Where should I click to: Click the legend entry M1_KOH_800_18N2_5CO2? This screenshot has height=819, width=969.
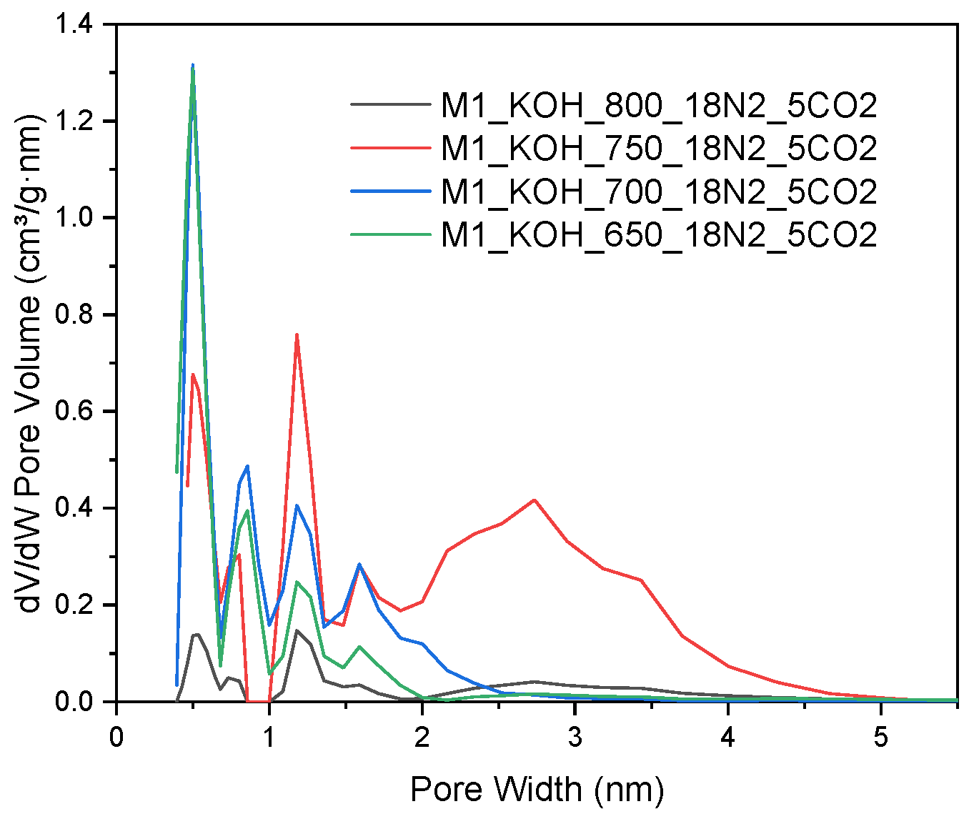[658, 106]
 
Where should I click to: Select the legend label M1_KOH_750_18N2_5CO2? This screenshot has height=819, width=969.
[658, 148]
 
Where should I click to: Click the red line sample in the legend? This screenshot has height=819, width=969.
[391, 148]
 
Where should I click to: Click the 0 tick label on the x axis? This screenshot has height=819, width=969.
[116, 736]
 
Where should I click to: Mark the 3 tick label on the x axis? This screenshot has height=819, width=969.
[575, 736]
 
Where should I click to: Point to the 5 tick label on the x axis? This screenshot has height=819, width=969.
[881, 736]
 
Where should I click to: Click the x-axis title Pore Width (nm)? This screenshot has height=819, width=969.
[537, 790]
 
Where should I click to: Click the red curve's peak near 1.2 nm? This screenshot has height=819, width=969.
[297, 334]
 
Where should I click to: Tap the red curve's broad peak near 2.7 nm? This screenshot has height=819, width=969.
[534, 500]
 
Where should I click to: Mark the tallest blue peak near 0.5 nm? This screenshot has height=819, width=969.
[193, 66]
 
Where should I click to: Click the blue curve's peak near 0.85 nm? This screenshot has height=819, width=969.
[247, 466]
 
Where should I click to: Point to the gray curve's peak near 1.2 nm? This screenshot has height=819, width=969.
[297, 630]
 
